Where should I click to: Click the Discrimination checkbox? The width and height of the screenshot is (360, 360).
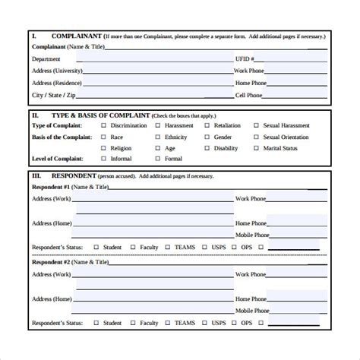(103, 126)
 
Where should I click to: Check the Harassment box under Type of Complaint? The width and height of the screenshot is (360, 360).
(158, 126)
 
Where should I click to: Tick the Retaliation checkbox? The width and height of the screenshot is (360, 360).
(207, 126)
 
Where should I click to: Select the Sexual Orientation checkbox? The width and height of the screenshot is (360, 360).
(255, 137)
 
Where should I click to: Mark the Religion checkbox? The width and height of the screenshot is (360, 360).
(103, 149)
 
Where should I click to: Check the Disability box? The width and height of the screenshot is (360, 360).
(207, 149)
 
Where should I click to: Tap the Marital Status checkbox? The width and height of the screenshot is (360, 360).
(255, 149)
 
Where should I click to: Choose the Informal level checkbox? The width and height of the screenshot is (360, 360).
(103, 159)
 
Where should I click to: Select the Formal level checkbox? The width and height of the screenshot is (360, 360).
(158, 159)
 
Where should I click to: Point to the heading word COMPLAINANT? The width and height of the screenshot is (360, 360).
(76, 36)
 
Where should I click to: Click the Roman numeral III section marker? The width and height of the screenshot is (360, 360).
(36, 176)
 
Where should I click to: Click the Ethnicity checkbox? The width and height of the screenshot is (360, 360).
(158, 137)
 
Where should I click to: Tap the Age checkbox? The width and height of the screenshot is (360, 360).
(158, 149)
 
